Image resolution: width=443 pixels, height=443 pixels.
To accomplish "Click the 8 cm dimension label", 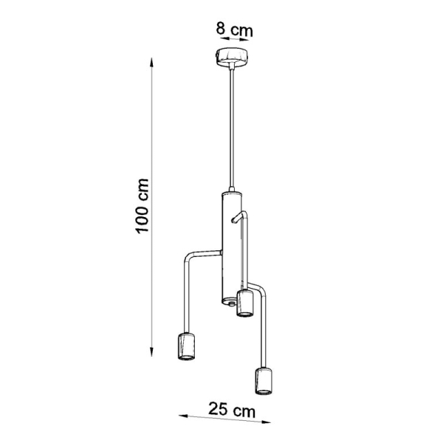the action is tap(235, 29).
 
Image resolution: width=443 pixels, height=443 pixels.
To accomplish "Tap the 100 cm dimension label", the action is tap(142, 206).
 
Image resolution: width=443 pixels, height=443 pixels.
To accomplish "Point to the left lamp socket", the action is tap(187, 346).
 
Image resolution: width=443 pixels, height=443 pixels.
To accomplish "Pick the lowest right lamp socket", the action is tap(264, 380).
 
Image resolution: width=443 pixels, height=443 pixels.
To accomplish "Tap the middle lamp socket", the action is tap(244, 303).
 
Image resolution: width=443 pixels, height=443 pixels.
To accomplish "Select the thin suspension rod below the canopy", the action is tap(232, 127).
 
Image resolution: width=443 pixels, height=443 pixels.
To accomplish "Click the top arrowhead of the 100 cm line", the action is tap(151, 62).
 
